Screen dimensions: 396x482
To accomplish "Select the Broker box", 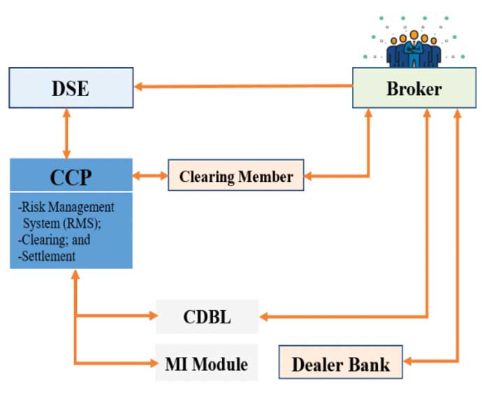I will coord(414,88).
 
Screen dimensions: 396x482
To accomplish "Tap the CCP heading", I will coord(71,176).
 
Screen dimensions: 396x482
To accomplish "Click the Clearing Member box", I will coord(236,176).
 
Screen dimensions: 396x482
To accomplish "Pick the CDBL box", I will coord(207,317).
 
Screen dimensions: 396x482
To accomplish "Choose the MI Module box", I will coord(207,363).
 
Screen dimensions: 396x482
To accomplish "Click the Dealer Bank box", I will coord(341,363).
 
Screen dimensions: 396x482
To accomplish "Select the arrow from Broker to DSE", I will coord(244,86).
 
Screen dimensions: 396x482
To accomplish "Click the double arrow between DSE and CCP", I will coord(67,133).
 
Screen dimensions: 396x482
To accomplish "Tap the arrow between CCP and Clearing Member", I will coord(150,176).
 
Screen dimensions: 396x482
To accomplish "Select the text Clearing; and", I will coord(54,240).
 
